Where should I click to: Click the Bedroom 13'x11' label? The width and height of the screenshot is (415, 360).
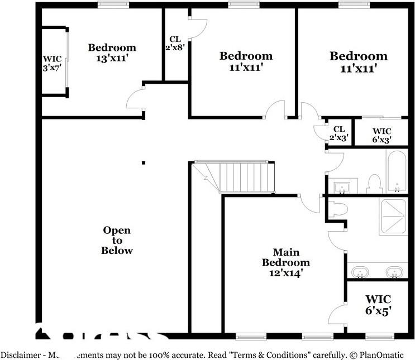(112, 52)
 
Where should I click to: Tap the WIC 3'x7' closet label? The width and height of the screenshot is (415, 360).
(53, 64)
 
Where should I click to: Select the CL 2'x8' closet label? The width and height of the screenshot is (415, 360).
(174, 44)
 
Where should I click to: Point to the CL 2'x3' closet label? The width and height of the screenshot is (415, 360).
(339, 133)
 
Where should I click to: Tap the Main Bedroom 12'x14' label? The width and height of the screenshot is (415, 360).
(286, 262)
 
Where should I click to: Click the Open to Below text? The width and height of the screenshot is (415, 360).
(117, 240)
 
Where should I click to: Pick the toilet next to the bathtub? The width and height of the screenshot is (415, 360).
(374, 183)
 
